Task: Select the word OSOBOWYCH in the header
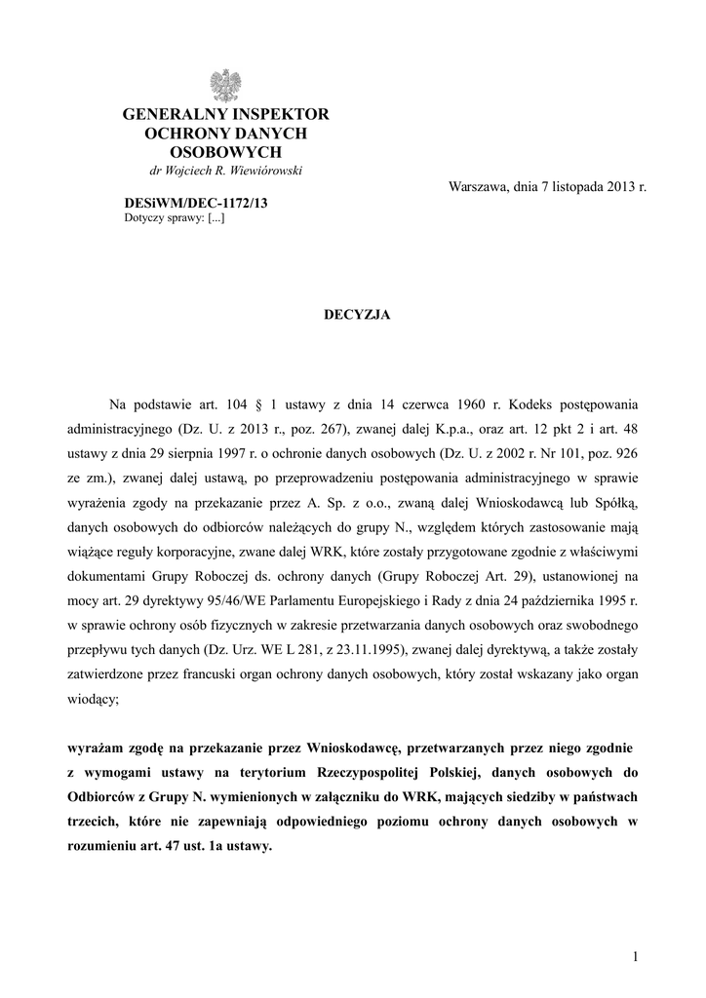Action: (x=226, y=152)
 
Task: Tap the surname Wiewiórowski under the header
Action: (x=266, y=171)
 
